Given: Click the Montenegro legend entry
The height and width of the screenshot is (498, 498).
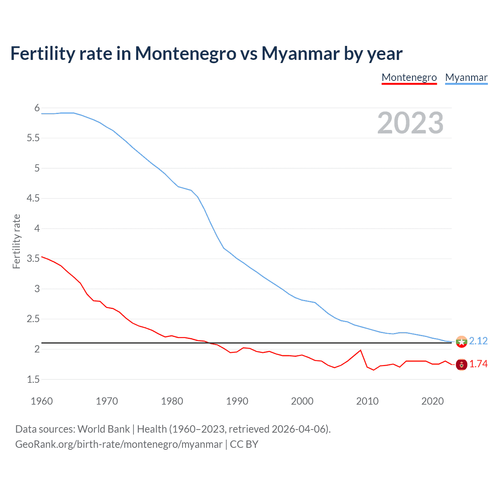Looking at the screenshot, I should pos(409,77).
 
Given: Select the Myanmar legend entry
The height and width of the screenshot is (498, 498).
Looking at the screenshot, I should pos(466,77).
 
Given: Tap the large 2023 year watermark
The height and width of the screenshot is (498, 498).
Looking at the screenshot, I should pos(410,123).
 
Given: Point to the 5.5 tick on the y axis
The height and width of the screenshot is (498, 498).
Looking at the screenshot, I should pos(33,138).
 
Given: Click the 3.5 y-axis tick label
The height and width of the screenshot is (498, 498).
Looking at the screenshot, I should pos(33,259).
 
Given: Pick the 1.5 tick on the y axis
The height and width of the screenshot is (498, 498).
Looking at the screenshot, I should pos(33,379).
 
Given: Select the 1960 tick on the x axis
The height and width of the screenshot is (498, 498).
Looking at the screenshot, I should pos(42,401).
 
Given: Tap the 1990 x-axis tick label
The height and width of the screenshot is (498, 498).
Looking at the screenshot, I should pos(237,401).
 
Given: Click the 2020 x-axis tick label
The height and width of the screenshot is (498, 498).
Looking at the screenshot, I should pos(432,401).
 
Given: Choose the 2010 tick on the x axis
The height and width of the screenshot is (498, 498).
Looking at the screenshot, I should pos(367,401).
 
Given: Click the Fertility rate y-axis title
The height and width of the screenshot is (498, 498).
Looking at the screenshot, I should pos(16,241).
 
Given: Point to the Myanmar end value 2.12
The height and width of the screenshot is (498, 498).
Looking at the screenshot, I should pos(478,341).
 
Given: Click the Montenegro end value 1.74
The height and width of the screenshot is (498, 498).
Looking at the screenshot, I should pos(478,364).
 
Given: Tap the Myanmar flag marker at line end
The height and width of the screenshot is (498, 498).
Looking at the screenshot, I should pos(461,342).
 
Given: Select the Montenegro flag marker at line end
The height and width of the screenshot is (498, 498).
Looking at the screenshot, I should pos(461,365).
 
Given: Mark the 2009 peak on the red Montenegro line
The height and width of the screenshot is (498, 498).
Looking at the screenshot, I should pos(361,350).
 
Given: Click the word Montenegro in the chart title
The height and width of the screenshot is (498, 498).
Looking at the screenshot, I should pos(185,53).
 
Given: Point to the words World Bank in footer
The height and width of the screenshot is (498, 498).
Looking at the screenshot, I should pos(103,429).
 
